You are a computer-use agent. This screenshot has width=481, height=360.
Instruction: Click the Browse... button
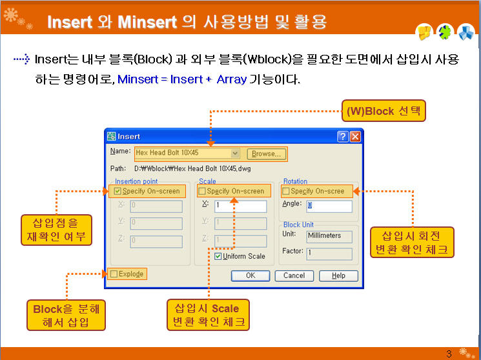(x=266, y=154)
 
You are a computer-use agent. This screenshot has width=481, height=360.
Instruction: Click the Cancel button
(x=294, y=275)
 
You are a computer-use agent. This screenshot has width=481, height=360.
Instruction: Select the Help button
(x=338, y=275)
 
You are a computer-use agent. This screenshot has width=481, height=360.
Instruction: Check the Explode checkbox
(x=114, y=274)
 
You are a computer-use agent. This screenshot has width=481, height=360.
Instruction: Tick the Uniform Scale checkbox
(x=218, y=256)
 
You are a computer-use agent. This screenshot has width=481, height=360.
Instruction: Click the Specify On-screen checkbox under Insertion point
(x=117, y=192)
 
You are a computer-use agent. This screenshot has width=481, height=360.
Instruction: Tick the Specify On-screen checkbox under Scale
(x=202, y=192)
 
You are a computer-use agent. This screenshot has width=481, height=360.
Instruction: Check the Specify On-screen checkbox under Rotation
(x=285, y=192)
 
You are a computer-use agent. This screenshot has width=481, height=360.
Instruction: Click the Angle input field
(x=329, y=206)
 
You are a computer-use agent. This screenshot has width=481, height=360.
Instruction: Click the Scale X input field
(x=240, y=206)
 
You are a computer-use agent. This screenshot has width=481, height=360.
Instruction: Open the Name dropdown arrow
(x=235, y=153)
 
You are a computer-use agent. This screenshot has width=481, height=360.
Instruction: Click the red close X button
(x=355, y=137)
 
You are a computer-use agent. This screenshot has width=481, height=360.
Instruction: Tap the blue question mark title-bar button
(x=343, y=137)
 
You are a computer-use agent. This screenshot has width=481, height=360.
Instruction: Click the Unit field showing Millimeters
(x=329, y=237)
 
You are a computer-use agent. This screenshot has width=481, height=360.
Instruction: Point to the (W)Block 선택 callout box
(x=384, y=111)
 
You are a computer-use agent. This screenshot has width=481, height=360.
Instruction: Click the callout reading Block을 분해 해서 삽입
(x=66, y=315)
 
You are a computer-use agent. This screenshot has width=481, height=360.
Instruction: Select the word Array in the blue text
(x=231, y=79)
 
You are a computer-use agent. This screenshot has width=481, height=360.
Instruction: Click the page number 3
(x=449, y=354)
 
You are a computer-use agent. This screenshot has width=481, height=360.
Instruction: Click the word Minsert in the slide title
(x=147, y=22)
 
